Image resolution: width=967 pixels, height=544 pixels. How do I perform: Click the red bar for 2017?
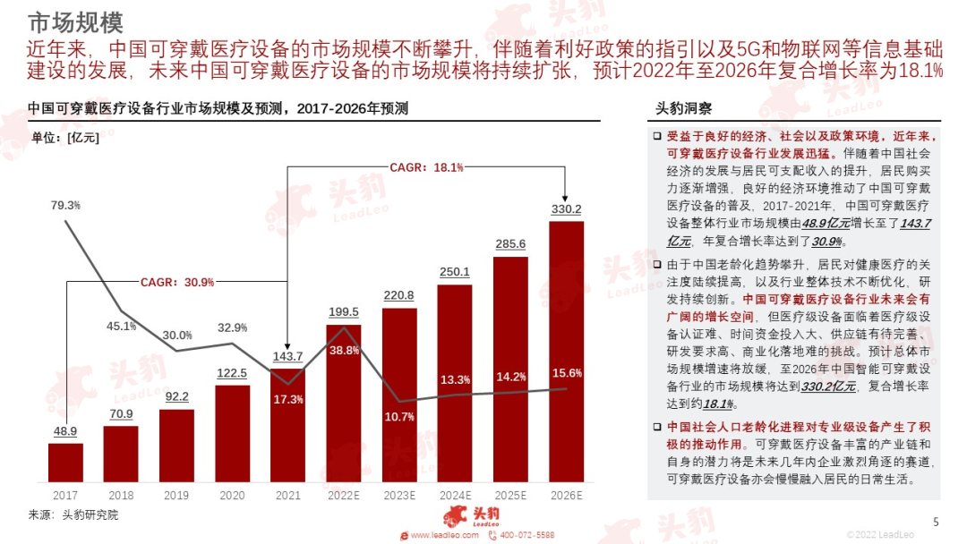point(65,463)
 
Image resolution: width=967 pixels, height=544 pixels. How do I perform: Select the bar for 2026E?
point(566,351)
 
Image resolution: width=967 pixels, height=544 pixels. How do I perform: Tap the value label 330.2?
point(566,209)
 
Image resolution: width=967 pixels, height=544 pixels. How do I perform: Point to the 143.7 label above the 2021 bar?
point(287,356)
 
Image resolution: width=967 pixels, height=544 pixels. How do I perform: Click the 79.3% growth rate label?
point(65,205)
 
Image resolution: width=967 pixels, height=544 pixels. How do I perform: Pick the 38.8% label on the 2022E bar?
point(344,351)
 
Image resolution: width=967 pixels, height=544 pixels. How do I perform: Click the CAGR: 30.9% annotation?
point(177,282)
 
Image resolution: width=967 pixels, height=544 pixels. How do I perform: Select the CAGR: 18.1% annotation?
point(426,167)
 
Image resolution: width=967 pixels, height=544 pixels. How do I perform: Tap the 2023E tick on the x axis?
point(399,496)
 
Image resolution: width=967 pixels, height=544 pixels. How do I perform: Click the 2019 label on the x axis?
point(176,496)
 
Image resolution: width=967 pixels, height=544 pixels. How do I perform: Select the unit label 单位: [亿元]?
point(65,137)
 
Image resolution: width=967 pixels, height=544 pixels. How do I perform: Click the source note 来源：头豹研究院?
point(73,515)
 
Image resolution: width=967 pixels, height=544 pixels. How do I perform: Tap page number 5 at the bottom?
point(937,522)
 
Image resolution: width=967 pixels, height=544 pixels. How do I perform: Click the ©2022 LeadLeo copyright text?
point(880,534)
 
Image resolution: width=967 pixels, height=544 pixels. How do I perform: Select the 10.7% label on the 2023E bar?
point(400,416)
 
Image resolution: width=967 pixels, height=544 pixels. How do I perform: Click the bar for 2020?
point(233,433)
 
